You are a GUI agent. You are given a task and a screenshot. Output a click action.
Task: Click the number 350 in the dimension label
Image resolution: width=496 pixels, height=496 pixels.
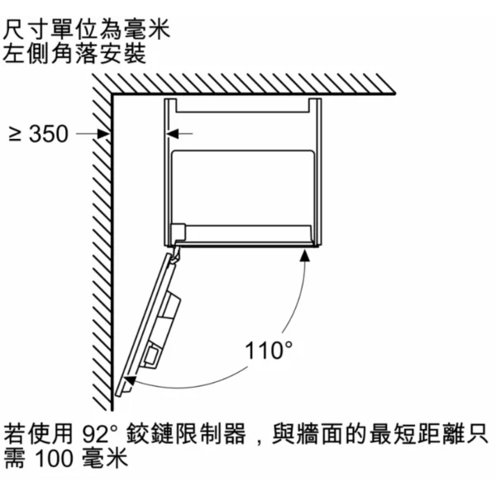coord(49,134)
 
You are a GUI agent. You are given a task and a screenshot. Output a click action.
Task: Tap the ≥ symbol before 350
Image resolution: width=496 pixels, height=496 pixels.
coord(15,134)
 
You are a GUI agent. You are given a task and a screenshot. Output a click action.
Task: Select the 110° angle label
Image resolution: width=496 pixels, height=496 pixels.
coord(269,351)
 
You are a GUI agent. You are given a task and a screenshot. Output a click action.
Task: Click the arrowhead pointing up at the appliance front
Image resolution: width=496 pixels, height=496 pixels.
coord(304,255)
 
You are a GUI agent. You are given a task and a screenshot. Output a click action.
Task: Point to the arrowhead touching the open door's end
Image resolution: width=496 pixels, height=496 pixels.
coord(130,380)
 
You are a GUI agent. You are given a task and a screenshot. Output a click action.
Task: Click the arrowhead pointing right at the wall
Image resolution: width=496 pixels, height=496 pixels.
coord(104,134)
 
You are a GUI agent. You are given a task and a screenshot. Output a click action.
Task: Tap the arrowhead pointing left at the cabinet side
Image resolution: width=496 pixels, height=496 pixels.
coord(173,134)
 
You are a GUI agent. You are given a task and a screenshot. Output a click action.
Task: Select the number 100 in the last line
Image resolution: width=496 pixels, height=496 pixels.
coord(54,459)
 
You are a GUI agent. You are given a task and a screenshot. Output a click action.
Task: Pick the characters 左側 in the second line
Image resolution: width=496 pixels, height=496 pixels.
coord(26,53)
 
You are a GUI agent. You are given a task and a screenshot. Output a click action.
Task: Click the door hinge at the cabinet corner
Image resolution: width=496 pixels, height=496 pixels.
coord(176,252)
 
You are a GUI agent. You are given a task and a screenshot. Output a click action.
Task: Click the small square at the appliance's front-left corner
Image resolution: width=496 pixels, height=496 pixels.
coord(179,231)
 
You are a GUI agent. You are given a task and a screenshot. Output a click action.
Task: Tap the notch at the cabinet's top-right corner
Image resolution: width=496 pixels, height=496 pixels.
coord(315,105)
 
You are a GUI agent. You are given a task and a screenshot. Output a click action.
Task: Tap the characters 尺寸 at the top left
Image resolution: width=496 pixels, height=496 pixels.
coord(26,30)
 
